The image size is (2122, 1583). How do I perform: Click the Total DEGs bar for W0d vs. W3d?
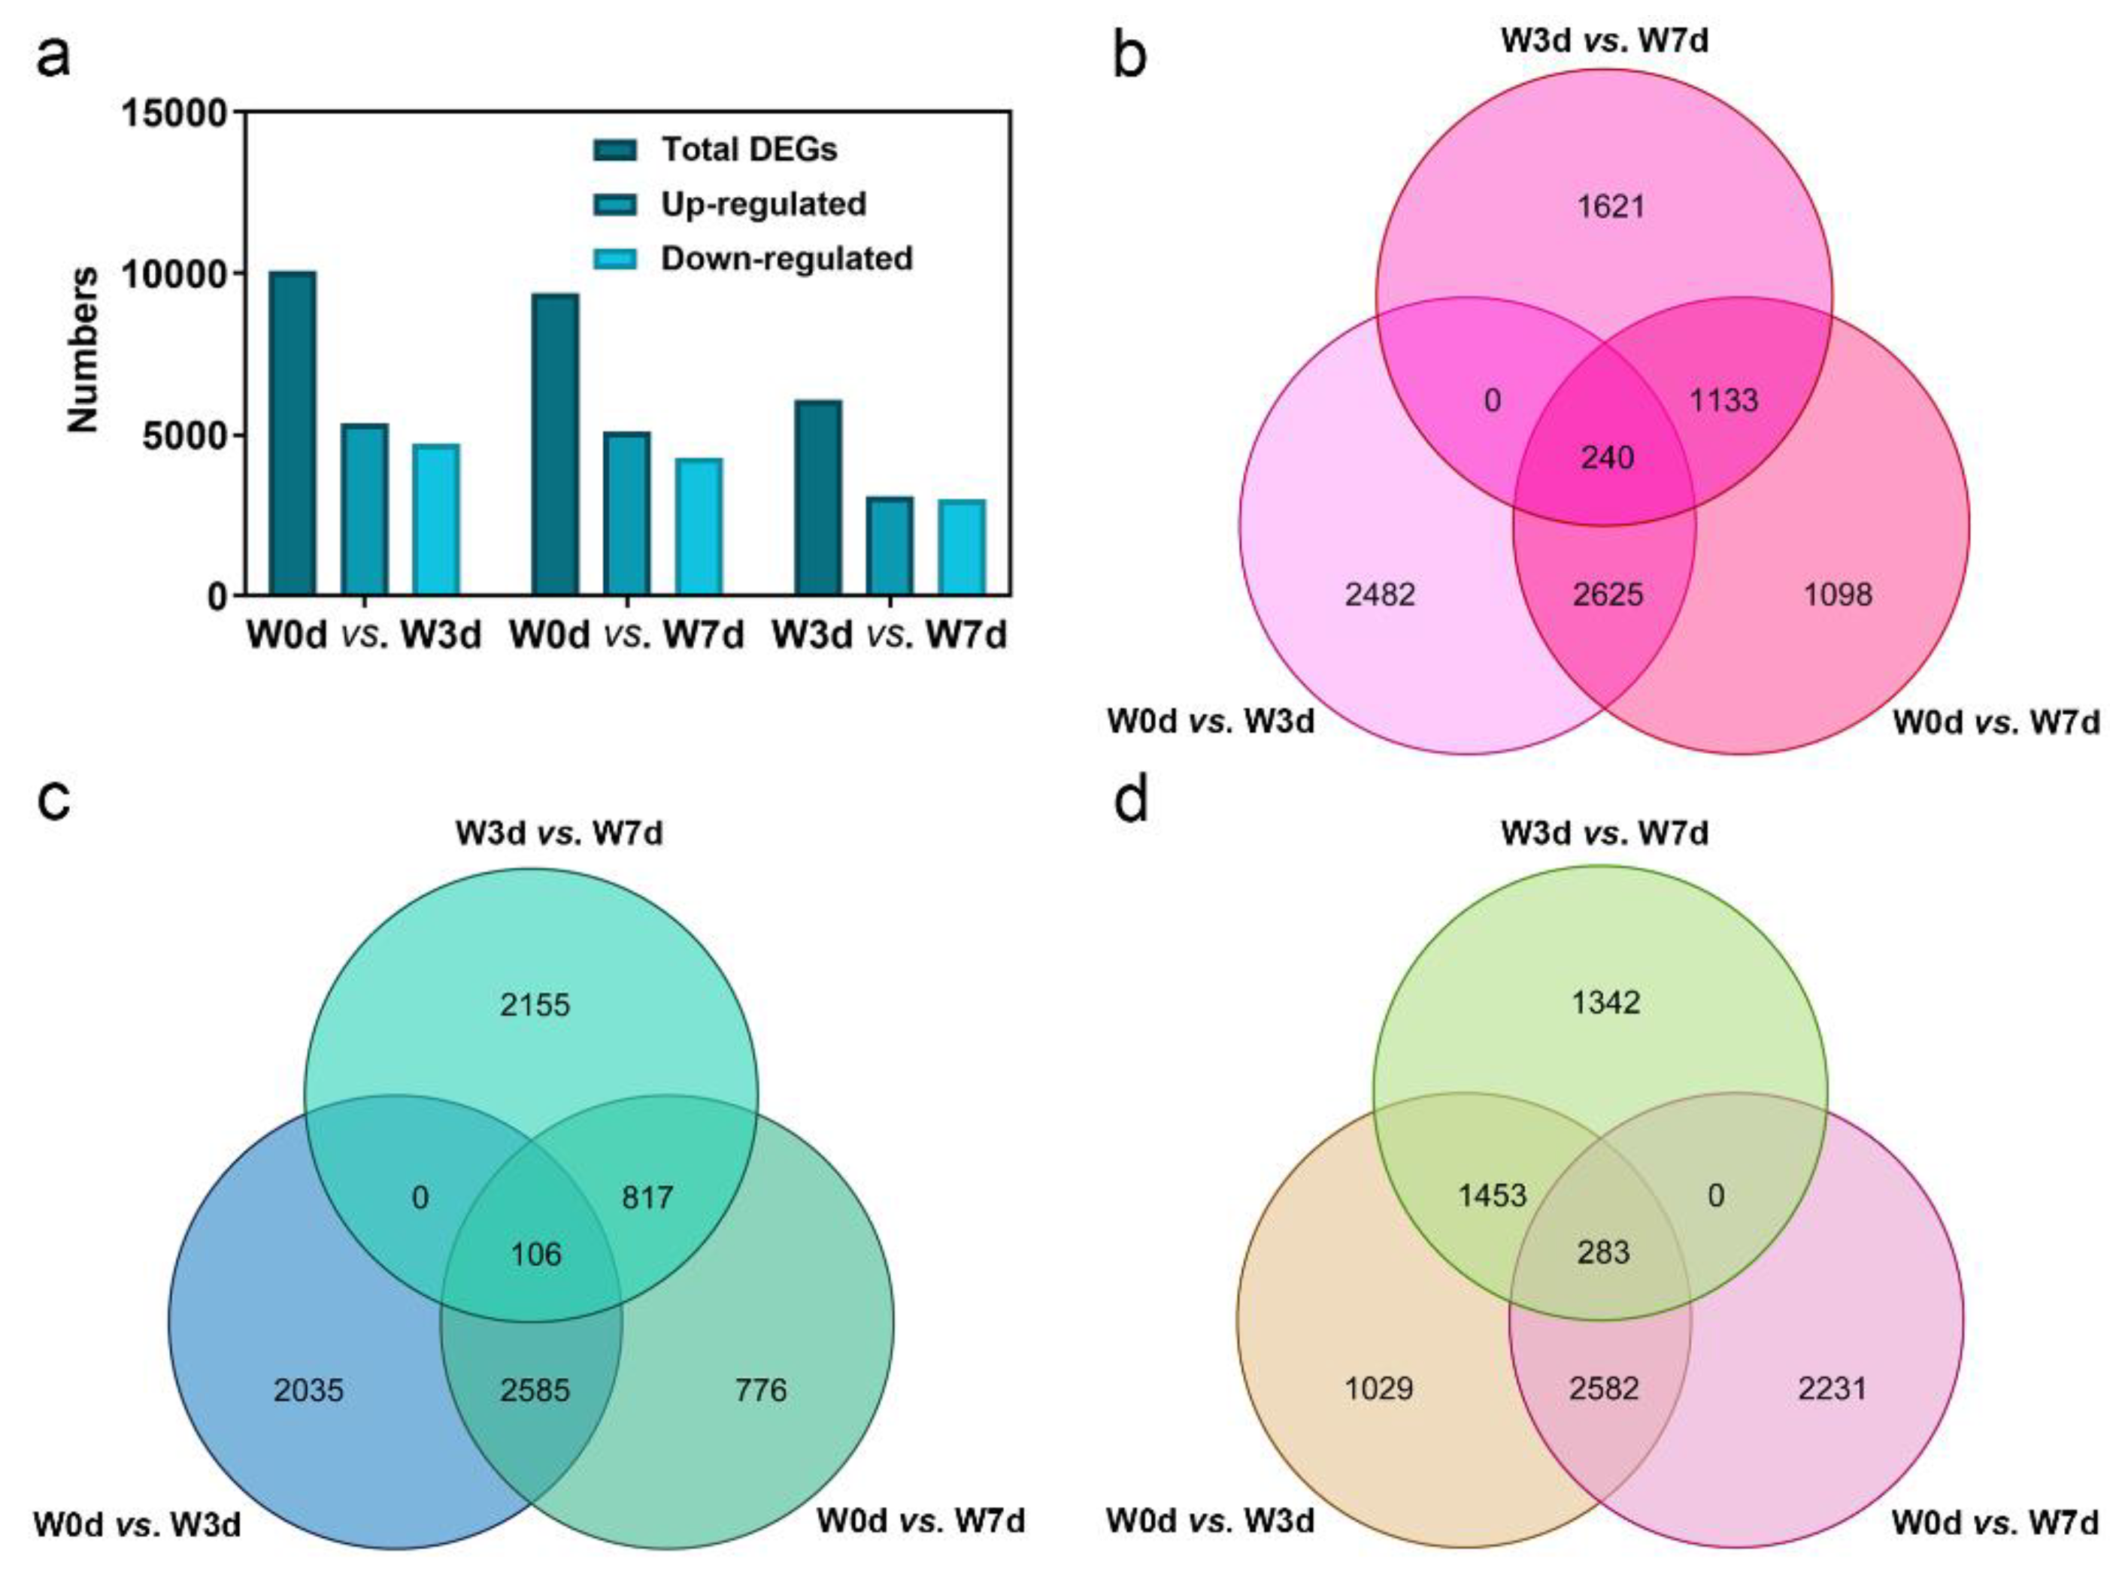293,433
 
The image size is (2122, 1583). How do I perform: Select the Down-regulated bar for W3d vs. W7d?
961,547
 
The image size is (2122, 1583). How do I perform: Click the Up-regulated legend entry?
762,204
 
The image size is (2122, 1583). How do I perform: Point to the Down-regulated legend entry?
786,259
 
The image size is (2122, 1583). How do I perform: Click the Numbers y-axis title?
84,350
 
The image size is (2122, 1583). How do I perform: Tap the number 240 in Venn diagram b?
1606,457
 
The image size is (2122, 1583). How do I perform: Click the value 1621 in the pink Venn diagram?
1610,206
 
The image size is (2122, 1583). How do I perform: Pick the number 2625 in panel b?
1608,595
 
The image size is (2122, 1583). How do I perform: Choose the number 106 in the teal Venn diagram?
536,1255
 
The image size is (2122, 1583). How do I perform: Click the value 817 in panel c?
647,1197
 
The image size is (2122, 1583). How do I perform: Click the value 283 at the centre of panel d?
1603,1252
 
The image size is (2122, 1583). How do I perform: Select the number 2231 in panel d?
1832,1388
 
